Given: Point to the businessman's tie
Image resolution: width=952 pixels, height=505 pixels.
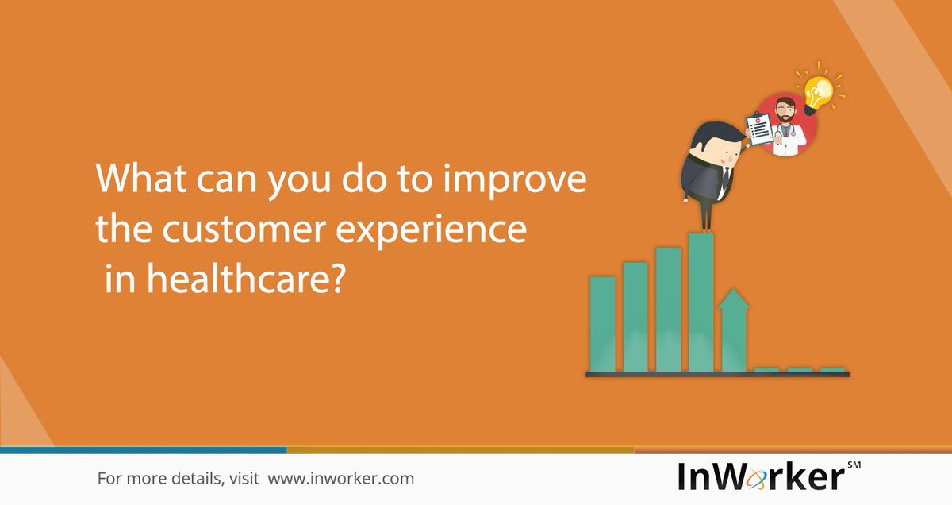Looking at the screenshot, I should (x=724, y=178).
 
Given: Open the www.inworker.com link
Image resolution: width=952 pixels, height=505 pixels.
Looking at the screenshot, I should (x=340, y=479).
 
